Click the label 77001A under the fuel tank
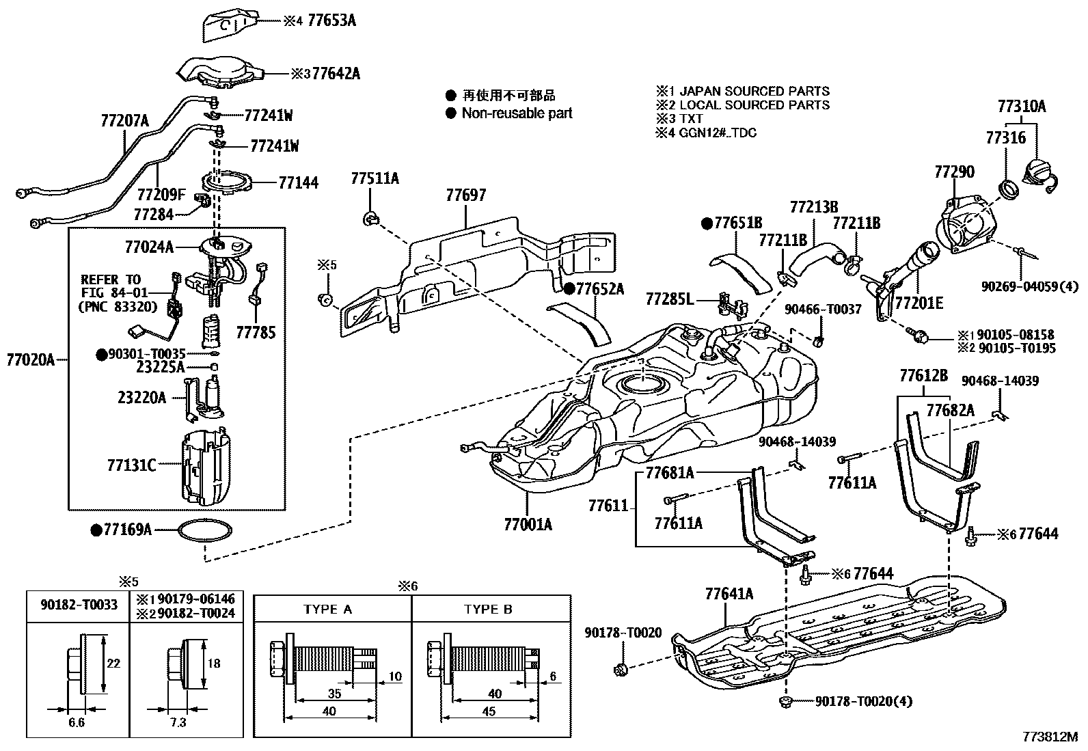pyautogui.click(x=528, y=525)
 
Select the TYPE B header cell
pyautogui.click(x=488, y=609)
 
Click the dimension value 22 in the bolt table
pyautogui.click(x=113, y=663)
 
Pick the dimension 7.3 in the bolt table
pyautogui.click(x=177, y=722)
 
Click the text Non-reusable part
pyautogui.click(x=517, y=113)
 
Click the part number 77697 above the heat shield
pyautogui.click(x=466, y=195)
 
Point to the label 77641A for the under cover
pyautogui.click(x=729, y=594)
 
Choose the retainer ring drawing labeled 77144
pyautogui.click(x=230, y=183)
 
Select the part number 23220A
pyautogui.click(x=141, y=397)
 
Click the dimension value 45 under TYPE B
pyautogui.click(x=489, y=711)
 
